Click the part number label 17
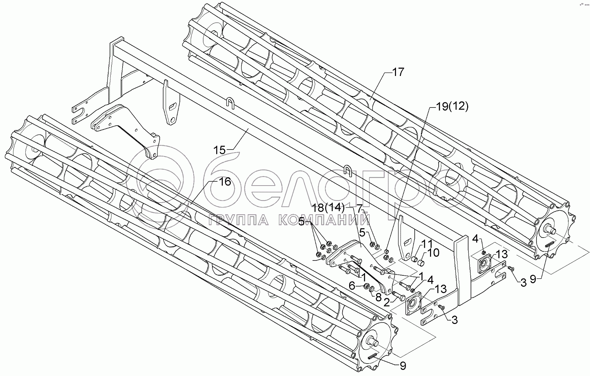pos(398,72)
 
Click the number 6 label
pos(352,286)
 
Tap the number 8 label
pos(378,297)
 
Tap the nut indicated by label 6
pos(366,287)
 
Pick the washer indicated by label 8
pos(372,289)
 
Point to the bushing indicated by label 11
pos(414,259)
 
